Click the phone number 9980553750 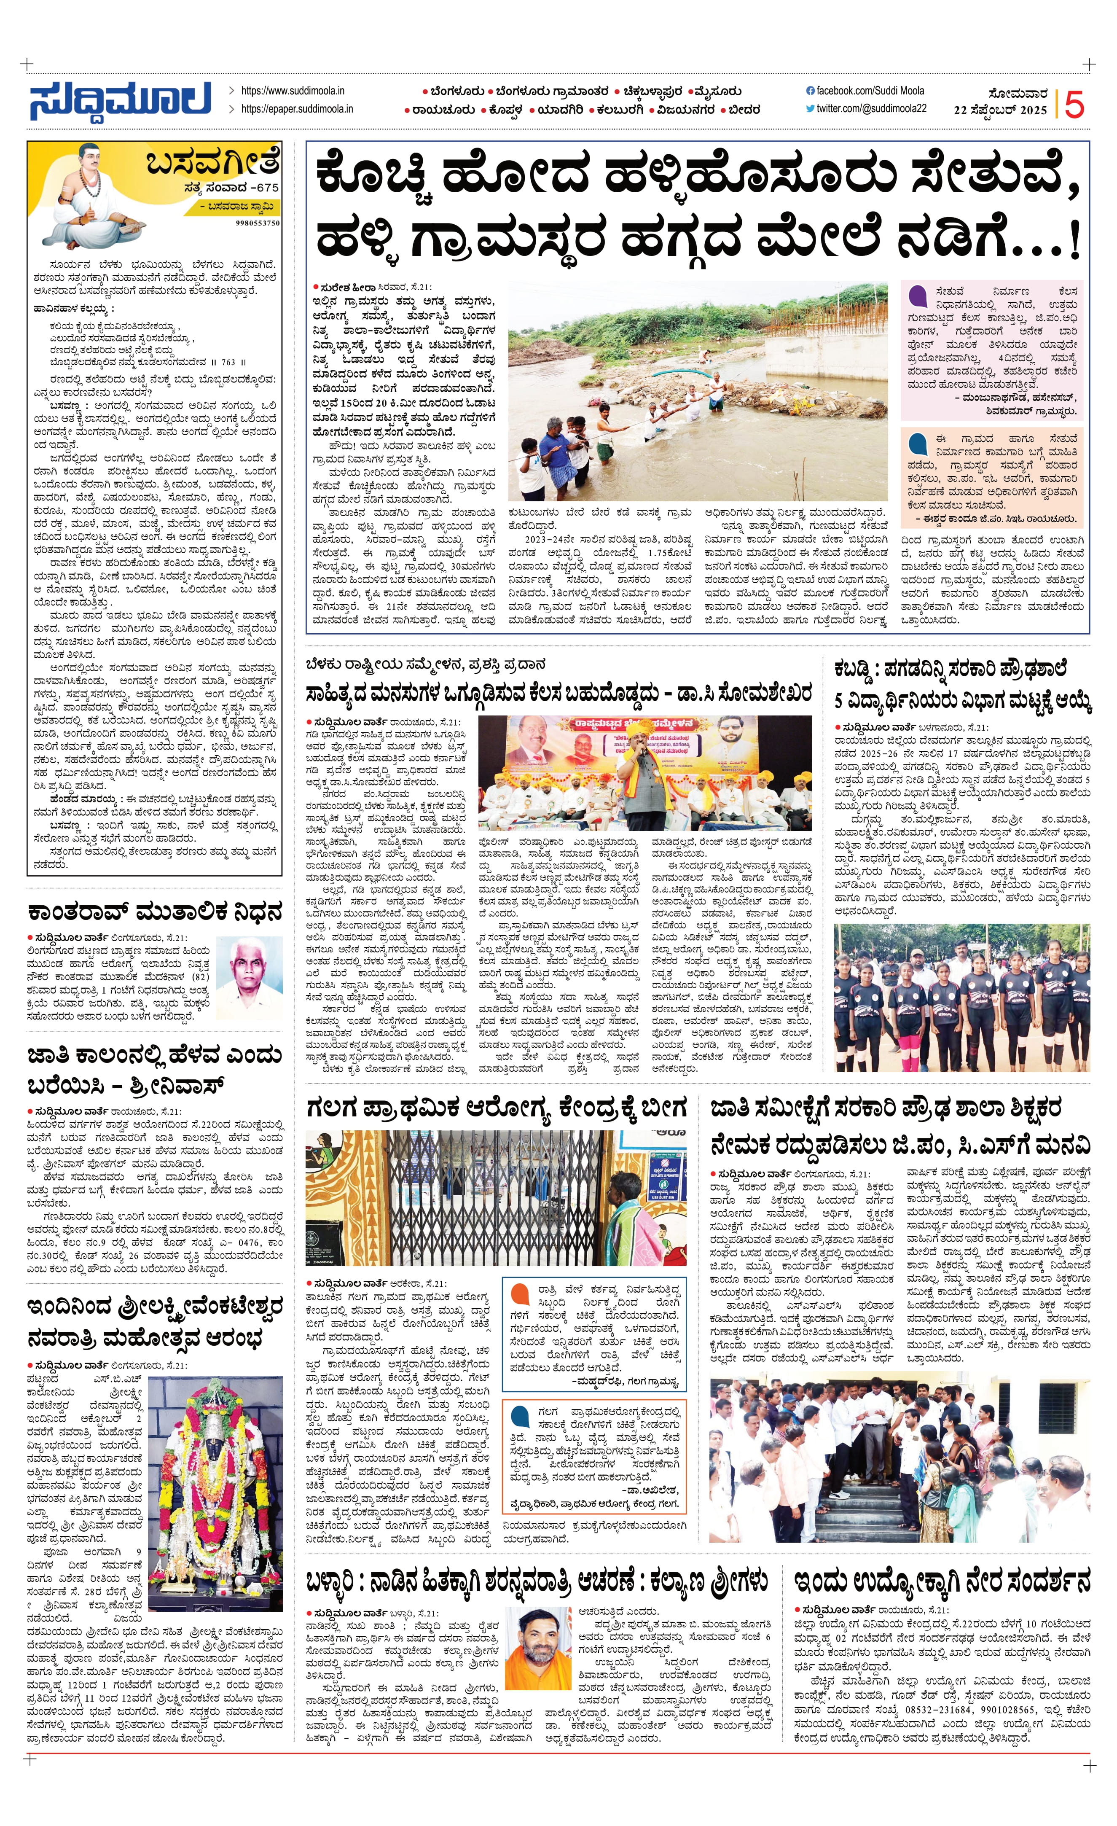(x=258, y=222)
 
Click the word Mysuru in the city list (x=716, y=92)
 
